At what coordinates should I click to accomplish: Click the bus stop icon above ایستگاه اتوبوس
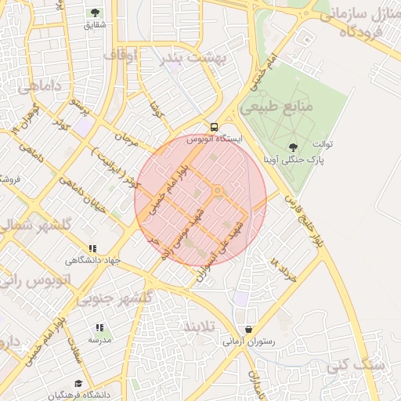tap(214, 126)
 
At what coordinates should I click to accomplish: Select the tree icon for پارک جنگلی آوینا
tap(293, 146)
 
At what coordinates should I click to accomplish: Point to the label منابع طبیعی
tap(283, 105)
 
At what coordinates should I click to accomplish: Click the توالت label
tap(323, 145)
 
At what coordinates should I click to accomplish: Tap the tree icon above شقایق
tap(96, 13)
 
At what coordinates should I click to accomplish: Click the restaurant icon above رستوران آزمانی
tap(248, 330)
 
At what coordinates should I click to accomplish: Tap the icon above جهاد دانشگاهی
tap(93, 248)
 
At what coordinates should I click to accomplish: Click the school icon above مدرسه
tap(99, 328)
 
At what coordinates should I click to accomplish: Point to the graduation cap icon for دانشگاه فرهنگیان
tap(78, 383)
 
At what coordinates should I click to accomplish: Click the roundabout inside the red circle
tap(218, 191)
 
